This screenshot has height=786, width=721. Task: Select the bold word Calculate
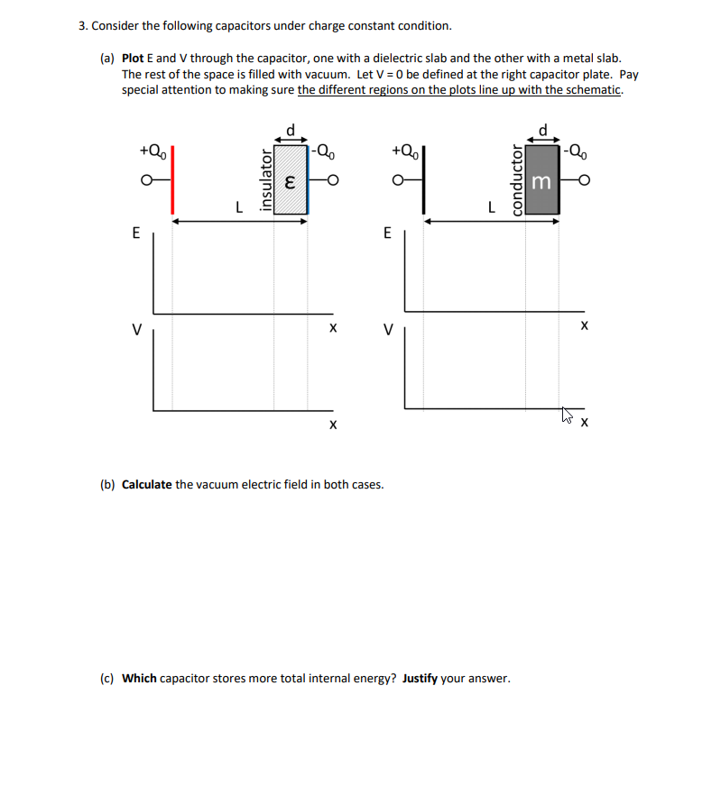click(x=147, y=484)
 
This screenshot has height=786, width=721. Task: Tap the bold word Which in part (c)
click(x=140, y=678)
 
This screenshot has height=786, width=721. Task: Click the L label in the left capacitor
click(x=238, y=206)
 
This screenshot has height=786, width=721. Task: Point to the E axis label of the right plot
click(x=388, y=233)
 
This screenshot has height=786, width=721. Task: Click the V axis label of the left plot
click(x=136, y=329)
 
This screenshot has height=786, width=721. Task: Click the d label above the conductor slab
click(x=541, y=129)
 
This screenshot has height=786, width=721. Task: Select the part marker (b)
click(x=107, y=484)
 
